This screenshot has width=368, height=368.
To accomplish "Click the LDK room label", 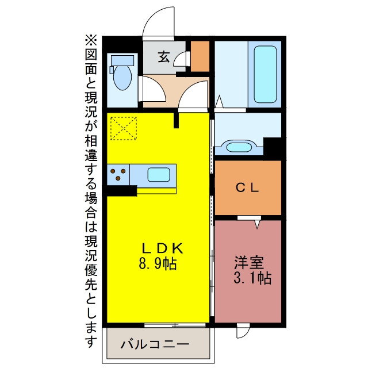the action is point(162,248).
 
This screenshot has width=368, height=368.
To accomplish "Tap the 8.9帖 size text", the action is point(158,264).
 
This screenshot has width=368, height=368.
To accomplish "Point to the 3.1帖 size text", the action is point(252,278).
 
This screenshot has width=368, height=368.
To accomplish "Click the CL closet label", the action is point(247,187).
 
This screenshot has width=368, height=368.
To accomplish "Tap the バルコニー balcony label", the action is point(155,344).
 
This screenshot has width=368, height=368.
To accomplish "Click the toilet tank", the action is point(122,60).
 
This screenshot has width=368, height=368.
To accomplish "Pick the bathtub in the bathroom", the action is point(265,74).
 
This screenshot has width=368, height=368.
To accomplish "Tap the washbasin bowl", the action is point(239,147).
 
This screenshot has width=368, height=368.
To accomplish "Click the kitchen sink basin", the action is point(159,174).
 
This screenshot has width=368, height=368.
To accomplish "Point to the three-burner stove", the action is point(118,174).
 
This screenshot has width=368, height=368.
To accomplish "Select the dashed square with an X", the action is point(124,128).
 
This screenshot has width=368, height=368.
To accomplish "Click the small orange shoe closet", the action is point(200,56).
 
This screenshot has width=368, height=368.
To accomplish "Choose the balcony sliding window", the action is point(175,325).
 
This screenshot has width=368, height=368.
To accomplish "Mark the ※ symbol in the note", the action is point(91,40).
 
